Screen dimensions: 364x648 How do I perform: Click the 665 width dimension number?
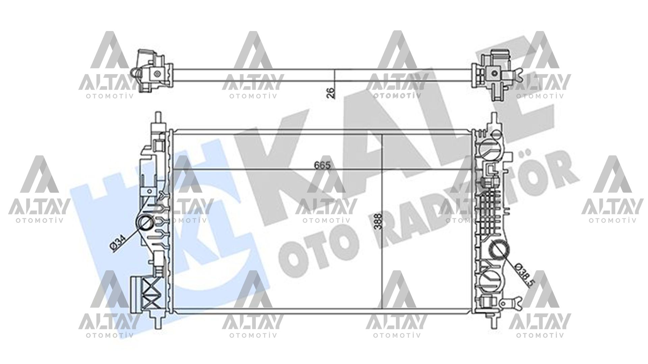point(321,165)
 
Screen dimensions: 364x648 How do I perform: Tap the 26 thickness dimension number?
point(331,92)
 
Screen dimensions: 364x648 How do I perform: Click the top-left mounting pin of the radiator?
point(157,119)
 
